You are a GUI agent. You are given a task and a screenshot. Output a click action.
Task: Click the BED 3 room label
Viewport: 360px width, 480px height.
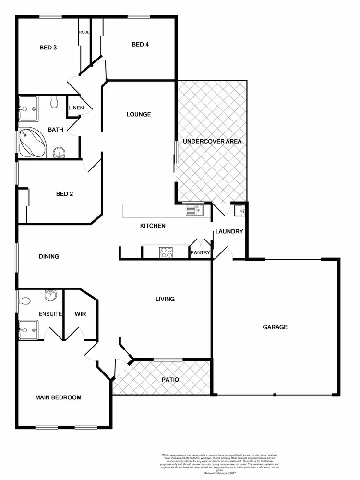[48, 48]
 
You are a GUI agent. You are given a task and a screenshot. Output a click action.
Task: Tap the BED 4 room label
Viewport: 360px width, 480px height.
[141, 45]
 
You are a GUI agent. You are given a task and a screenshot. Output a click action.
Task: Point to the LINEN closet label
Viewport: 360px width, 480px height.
[76, 108]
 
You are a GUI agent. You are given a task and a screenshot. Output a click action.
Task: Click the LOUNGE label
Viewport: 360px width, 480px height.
[139, 114]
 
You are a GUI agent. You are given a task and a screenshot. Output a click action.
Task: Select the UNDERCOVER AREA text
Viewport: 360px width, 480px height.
[212, 142]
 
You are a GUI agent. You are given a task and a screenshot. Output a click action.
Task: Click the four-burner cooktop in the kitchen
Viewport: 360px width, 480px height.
[166, 252]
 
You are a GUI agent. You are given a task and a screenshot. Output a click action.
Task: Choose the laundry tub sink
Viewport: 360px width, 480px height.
[240, 209]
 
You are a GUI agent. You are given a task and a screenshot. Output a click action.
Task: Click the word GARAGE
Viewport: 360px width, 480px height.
[275, 327]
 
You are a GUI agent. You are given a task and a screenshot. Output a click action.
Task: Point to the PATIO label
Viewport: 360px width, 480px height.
[169, 380]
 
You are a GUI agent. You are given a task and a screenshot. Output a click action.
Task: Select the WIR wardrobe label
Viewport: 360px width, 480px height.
[80, 314]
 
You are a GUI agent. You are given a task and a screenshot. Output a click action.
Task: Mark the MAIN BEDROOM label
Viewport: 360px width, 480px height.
[58, 397]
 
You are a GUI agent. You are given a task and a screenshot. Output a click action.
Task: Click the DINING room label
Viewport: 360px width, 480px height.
[49, 256]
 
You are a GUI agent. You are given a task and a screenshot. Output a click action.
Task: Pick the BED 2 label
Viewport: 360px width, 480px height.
[64, 194]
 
